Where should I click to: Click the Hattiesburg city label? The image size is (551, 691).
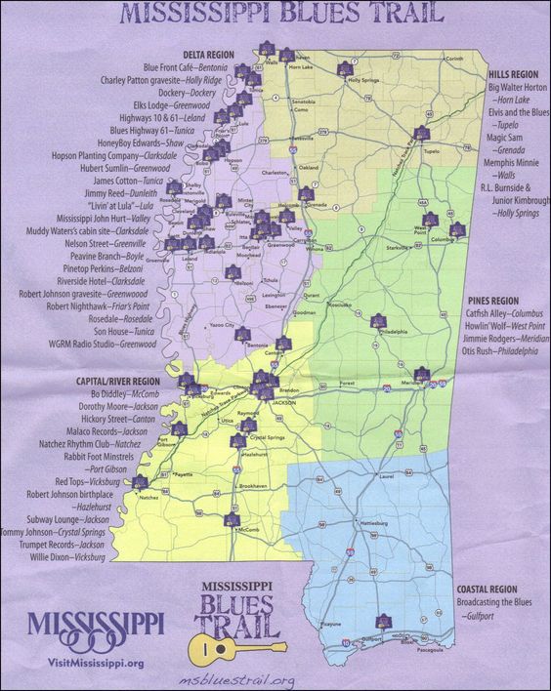[376, 524]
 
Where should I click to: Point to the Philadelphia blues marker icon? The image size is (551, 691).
[378, 321]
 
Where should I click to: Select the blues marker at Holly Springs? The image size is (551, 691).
[344, 69]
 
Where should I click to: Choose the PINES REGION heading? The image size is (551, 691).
[492, 301]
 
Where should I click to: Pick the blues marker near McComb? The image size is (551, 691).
[231, 520]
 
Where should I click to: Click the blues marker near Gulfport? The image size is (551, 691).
[382, 621]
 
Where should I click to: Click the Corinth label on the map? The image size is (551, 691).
[453, 59]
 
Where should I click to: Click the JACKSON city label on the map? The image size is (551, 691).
[283, 401]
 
